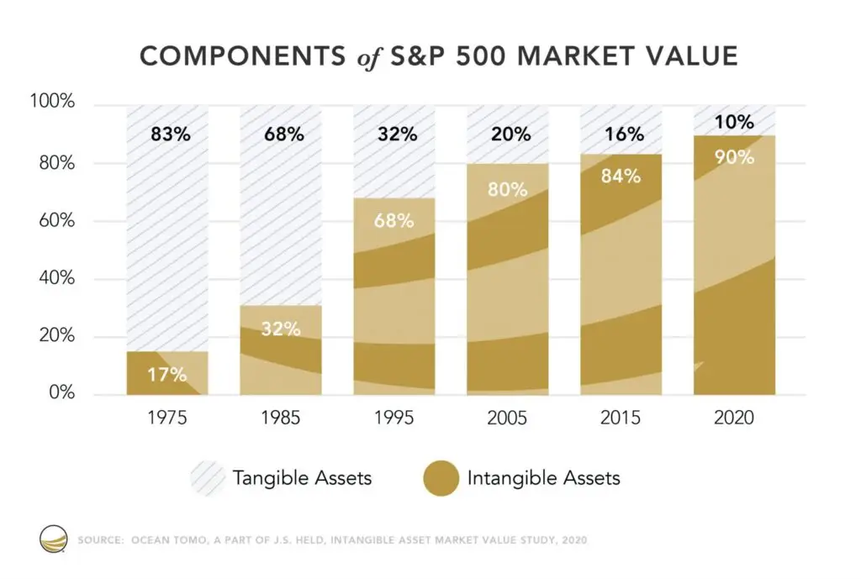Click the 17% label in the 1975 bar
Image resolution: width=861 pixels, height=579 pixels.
167,374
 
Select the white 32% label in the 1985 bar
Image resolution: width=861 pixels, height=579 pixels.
280,329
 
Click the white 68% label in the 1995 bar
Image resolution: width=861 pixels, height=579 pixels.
394,221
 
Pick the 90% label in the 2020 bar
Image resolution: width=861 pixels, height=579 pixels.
734,156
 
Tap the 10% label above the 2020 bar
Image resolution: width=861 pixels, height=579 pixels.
734,123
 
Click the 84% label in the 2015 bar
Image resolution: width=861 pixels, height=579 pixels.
621,176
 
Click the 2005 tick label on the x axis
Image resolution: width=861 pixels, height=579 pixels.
507,418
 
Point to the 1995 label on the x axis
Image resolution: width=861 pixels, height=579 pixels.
394,418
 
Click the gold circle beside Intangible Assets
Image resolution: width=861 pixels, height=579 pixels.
436,479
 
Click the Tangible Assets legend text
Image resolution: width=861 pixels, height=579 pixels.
302,479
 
